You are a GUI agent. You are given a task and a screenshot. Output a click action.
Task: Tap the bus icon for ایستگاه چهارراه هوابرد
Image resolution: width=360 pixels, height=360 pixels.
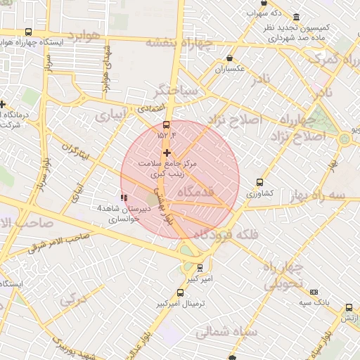pos(28,32)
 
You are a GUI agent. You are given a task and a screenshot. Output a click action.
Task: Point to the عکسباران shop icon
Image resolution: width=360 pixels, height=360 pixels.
pos(230,59)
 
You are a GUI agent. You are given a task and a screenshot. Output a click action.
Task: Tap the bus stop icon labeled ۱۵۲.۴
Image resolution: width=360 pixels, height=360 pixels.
pos(166,125)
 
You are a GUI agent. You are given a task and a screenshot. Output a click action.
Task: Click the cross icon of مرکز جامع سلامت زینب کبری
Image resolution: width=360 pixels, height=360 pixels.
pos(167,153)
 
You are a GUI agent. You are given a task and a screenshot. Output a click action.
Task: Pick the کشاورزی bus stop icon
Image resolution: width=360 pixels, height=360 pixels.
pos(260,182)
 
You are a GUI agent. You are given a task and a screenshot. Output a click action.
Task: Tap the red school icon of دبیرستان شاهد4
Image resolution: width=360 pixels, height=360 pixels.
pos(124,198)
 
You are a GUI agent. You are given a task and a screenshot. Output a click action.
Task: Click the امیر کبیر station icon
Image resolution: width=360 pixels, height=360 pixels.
pos(200,268)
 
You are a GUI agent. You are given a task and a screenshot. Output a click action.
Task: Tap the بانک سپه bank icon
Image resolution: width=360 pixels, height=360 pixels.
pos(313,292)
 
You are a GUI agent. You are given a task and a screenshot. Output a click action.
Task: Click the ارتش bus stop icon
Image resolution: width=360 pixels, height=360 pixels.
pos(349,307)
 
